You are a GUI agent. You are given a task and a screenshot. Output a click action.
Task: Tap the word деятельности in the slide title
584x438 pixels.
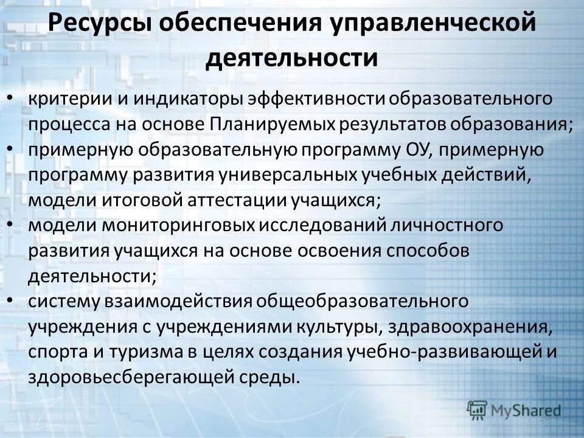292,58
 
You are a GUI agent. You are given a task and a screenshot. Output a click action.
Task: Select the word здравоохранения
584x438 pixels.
477,327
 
